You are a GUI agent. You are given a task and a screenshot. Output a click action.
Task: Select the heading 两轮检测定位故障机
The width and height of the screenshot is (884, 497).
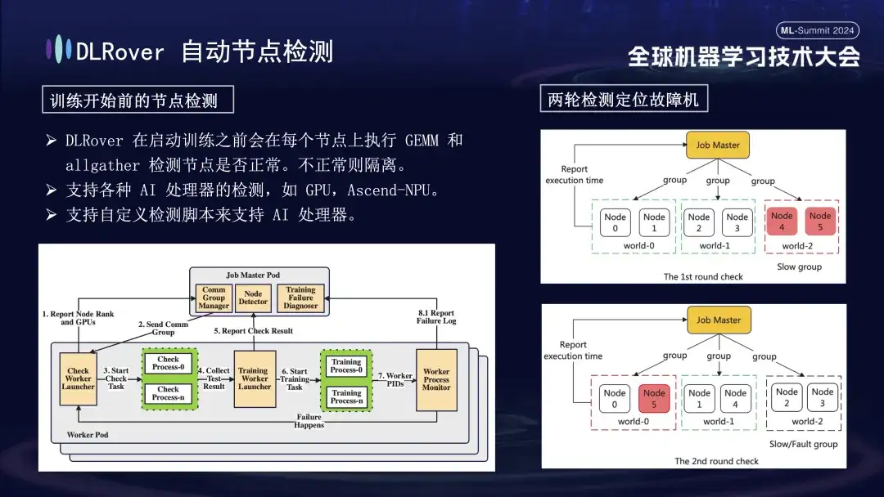point(624,100)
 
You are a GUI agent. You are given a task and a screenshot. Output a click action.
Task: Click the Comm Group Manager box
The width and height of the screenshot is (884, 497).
point(214,298)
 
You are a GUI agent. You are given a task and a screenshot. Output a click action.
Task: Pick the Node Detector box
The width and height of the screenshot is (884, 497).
point(253,298)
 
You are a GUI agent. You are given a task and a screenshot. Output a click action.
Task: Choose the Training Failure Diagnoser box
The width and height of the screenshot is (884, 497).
point(300,298)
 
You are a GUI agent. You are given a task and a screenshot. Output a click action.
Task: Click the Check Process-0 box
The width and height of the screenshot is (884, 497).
point(169,363)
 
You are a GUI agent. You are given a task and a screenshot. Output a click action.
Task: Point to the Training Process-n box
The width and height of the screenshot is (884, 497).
point(346,397)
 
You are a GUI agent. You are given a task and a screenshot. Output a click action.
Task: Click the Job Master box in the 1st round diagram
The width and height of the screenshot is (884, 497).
point(718,146)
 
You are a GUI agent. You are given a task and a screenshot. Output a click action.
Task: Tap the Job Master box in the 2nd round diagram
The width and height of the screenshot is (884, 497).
point(719,320)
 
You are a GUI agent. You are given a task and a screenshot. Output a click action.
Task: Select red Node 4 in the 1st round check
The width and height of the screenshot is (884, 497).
point(782,222)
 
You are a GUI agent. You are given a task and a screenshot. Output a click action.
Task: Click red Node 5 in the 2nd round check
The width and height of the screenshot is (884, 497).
point(654,398)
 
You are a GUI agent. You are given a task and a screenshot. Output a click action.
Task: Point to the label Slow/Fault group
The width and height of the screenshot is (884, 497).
point(804,445)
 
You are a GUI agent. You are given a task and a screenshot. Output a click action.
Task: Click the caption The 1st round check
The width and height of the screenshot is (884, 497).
point(703,277)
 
